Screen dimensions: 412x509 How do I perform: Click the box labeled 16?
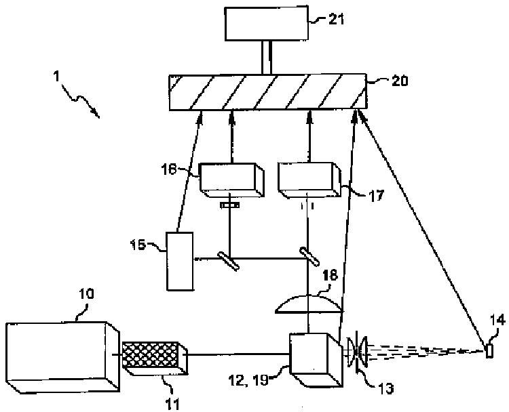click(x=231, y=181)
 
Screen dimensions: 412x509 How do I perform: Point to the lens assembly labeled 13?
click(x=357, y=352)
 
